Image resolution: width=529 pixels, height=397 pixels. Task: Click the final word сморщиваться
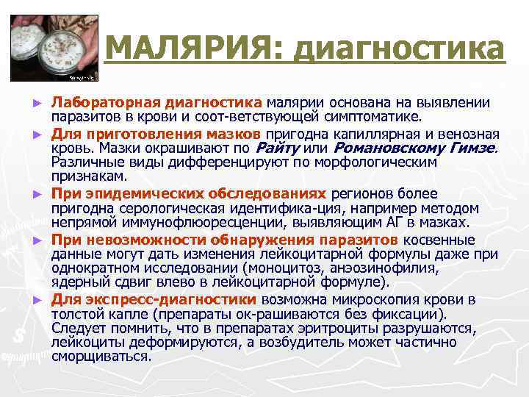pos(101,357)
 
